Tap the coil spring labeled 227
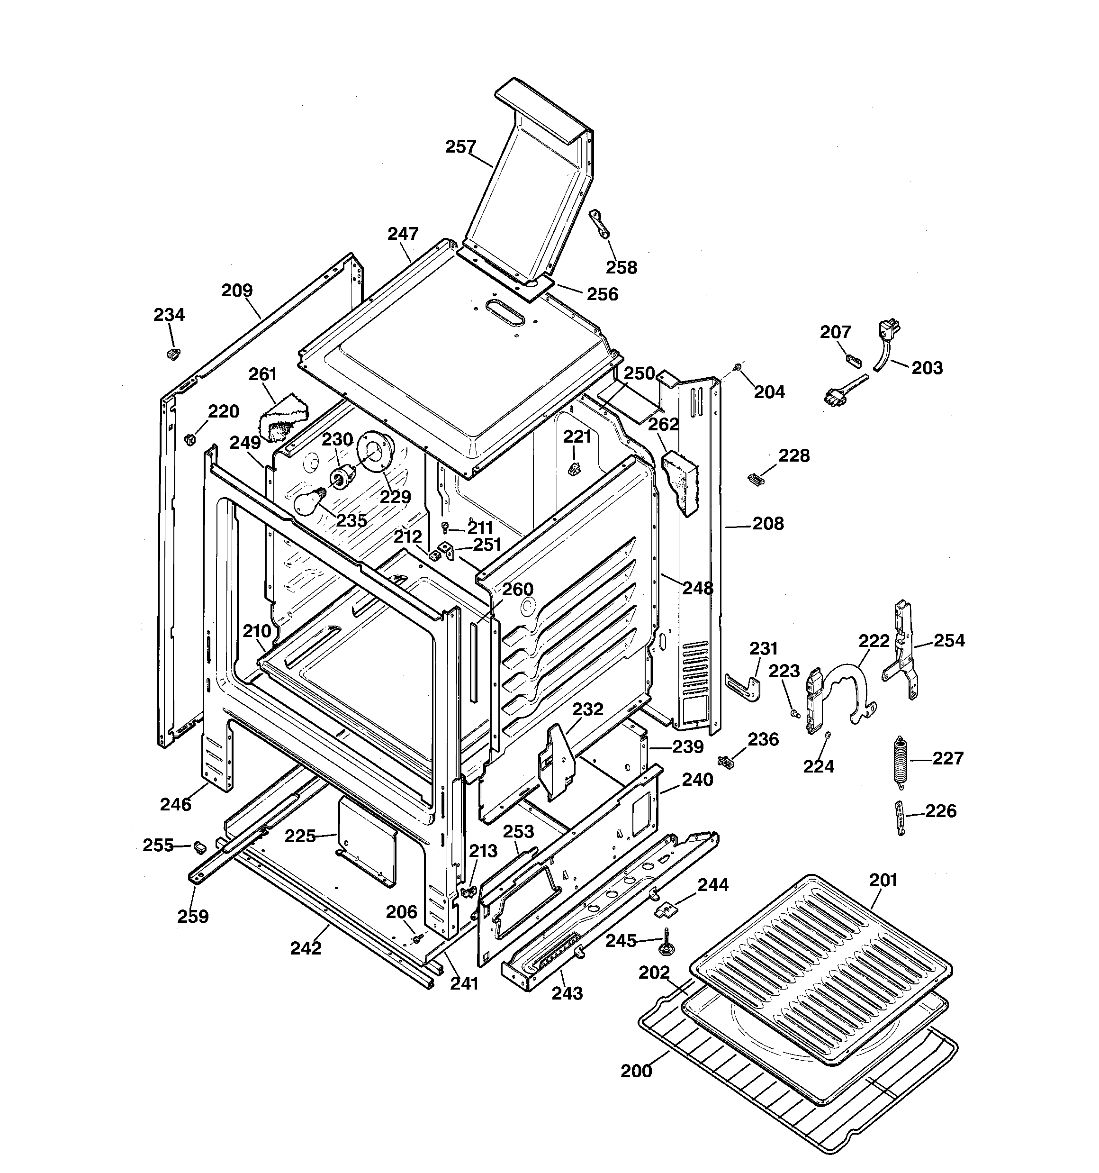coord(900,761)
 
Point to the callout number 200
coord(636,1071)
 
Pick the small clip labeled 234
coord(172,354)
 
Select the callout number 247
coord(403,234)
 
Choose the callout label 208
coord(768,523)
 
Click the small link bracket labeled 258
coord(599,224)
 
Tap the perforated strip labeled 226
coord(899,818)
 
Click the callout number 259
coord(193,916)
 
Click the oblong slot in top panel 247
coord(505,313)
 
